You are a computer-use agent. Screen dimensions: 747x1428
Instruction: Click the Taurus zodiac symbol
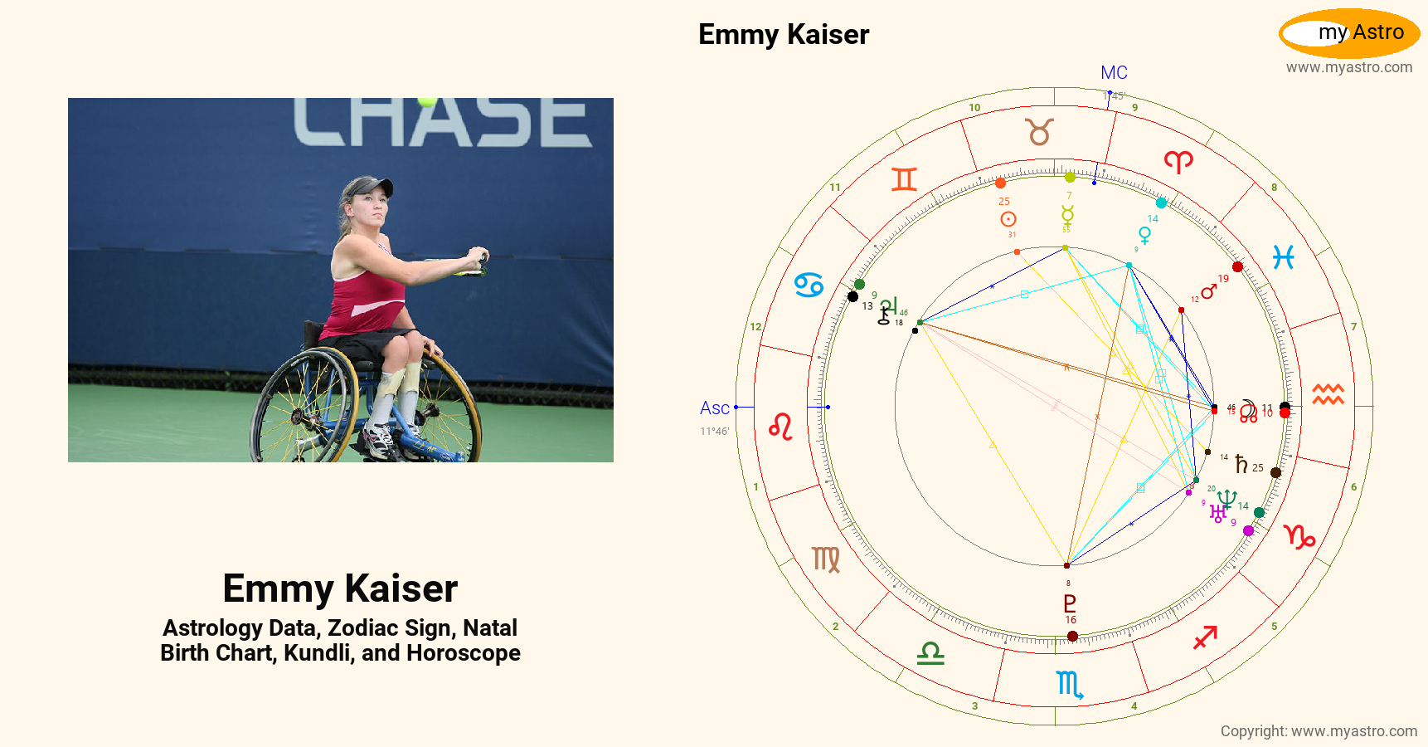coord(1039,132)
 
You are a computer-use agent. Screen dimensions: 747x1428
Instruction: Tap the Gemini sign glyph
coord(904,179)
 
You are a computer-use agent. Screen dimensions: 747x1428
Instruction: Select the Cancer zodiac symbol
coord(809,286)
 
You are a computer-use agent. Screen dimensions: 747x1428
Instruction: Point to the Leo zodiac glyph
coord(780,427)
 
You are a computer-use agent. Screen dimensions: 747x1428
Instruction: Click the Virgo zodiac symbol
coord(826,559)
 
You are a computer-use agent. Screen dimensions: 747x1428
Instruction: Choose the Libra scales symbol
coord(930,654)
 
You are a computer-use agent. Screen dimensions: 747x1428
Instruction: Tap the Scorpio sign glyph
coord(1070,684)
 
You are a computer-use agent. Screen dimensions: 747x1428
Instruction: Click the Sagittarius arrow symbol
coord(1205,637)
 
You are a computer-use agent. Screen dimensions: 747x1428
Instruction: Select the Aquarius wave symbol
coord(1328,394)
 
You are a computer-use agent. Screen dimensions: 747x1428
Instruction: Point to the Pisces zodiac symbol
coord(1284,258)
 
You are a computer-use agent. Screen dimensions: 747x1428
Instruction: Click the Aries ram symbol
coord(1178,161)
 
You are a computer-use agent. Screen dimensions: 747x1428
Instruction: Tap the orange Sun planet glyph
coord(1008,219)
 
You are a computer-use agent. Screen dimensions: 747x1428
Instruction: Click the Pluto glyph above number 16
coord(1070,603)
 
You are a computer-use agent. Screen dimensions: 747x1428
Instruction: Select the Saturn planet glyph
coord(1241,464)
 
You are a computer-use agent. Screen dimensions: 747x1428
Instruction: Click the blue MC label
coord(1114,73)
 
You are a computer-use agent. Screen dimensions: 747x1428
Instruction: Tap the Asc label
coord(714,408)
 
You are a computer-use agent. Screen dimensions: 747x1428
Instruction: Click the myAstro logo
coord(1349,33)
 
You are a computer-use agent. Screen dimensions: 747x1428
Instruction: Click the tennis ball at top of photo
coord(427,101)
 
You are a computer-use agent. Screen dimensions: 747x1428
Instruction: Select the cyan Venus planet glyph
coord(1144,236)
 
